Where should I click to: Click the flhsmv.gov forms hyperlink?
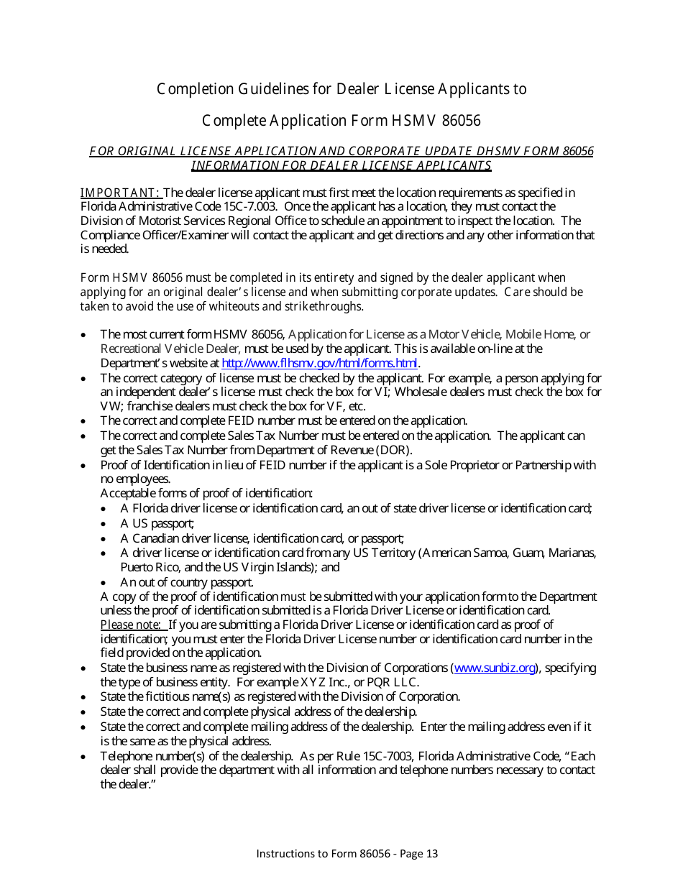point(320,364)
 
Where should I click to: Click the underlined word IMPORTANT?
point(121,193)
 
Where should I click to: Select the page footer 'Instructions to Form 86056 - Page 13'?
point(347,854)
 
